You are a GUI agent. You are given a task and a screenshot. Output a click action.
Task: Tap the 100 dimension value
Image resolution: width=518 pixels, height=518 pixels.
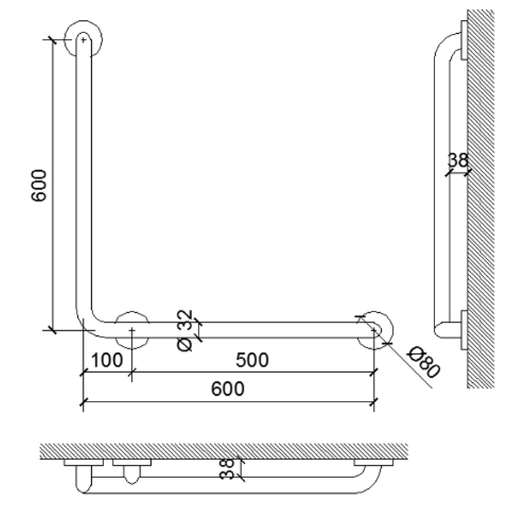(x=107, y=360)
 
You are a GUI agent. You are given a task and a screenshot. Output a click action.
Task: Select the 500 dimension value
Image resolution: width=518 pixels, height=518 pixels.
(x=252, y=360)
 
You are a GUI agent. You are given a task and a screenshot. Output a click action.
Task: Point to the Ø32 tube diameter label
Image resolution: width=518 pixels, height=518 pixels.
(x=186, y=331)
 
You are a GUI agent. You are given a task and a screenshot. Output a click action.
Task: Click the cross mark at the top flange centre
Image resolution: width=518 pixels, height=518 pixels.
(x=83, y=40)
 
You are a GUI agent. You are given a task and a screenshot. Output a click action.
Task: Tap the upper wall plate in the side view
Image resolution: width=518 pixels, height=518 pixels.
(x=464, y=40)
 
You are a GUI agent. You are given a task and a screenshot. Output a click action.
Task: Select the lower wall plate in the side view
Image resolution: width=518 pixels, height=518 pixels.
(x=464, y=330)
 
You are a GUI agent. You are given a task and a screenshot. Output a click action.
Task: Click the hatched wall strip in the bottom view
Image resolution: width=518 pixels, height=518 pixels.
(x=224, y=451)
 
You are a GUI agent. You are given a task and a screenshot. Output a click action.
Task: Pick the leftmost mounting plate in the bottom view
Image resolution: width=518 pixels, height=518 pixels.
(x=83, y=462)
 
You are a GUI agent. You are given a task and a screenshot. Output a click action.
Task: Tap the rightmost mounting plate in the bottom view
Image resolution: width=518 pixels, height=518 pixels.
(x=374, y=462)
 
